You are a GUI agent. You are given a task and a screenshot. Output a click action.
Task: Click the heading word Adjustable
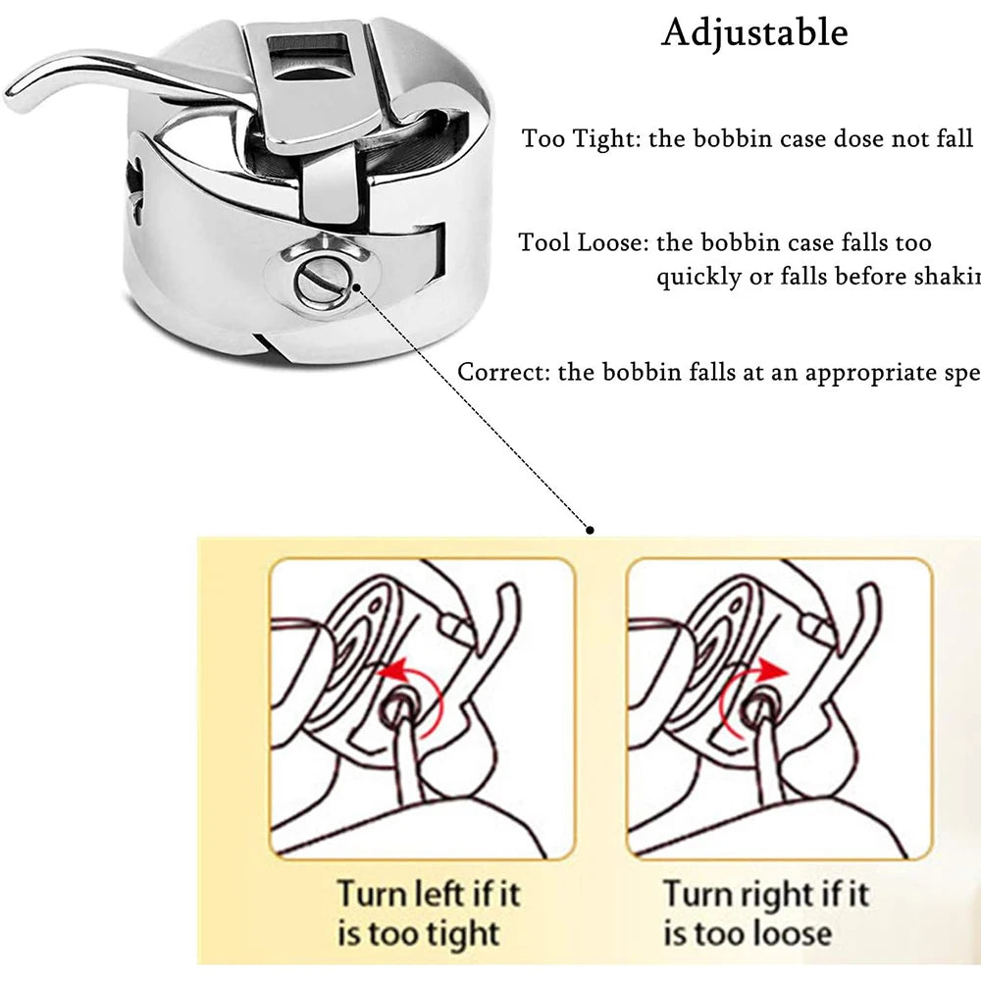(x=754, y=32)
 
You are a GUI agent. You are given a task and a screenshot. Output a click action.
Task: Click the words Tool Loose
(x=583, y=242)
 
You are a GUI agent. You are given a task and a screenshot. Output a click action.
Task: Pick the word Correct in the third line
(x=503, y=373)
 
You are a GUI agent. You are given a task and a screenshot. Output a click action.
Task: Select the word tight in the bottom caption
(x=461, y=933)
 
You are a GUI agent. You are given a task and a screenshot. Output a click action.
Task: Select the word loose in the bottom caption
(x=793, y=933)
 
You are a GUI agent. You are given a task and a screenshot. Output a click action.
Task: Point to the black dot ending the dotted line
(x=590, y=530)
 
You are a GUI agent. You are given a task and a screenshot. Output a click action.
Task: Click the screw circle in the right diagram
(x=755, y=708)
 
